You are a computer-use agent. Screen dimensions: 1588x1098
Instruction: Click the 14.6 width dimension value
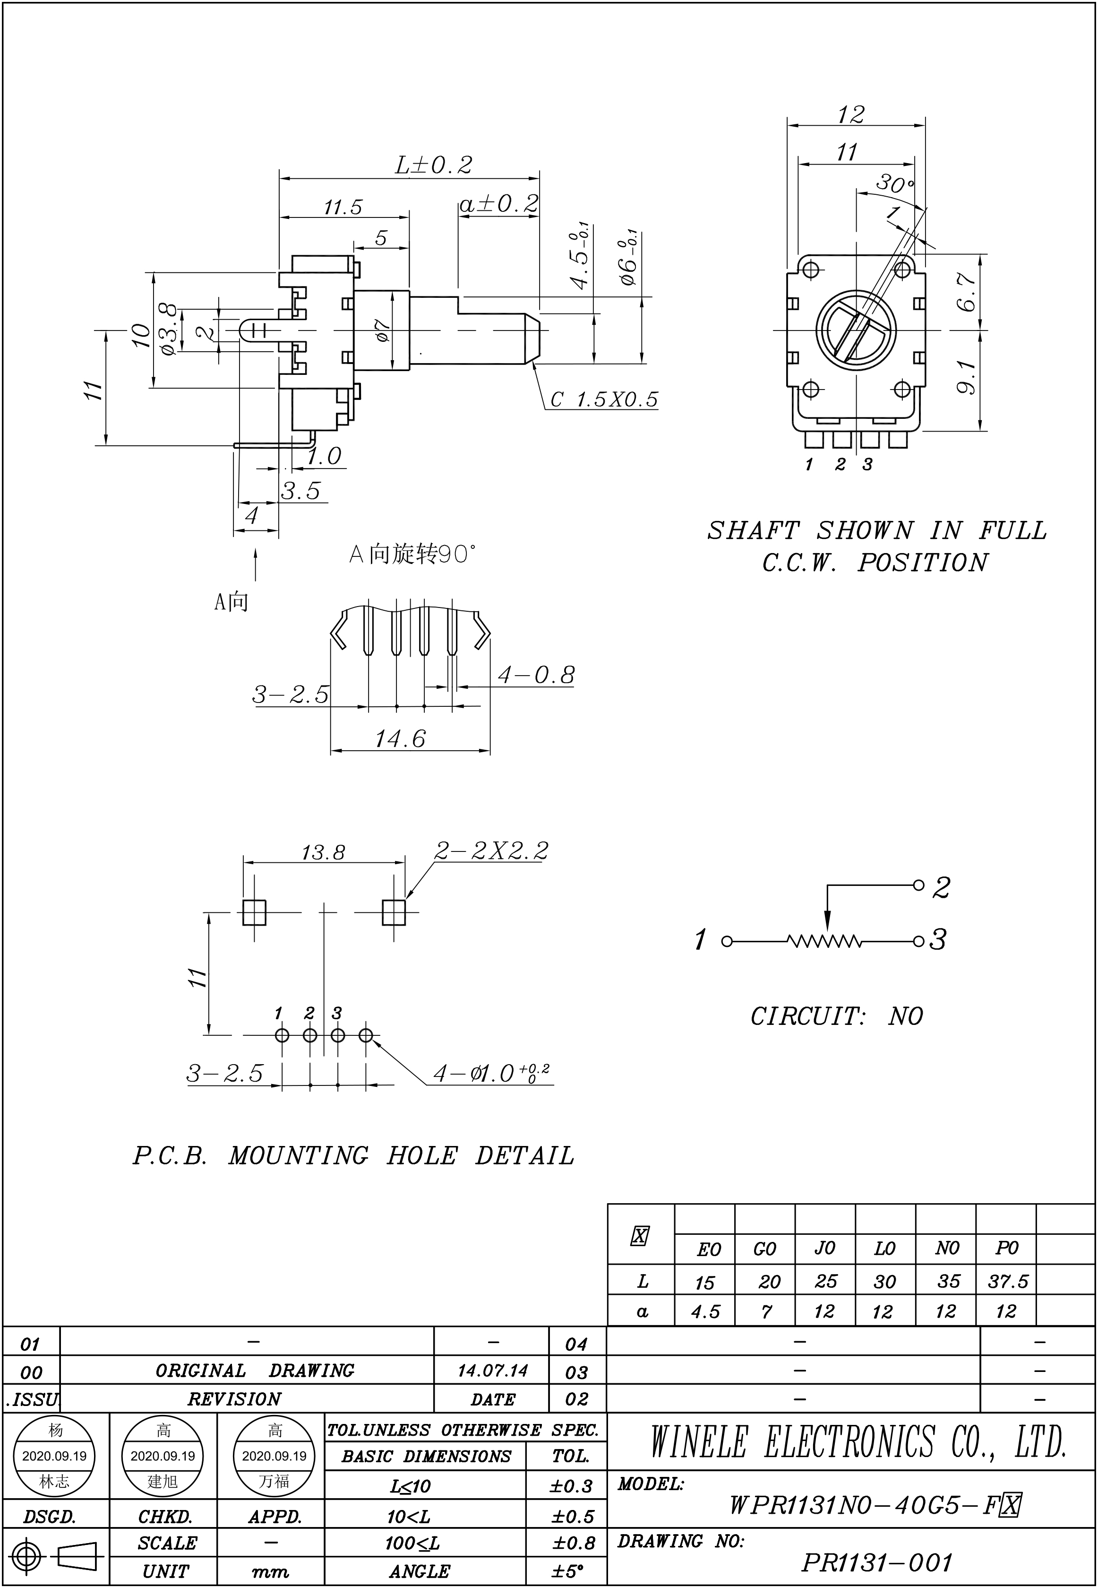click(x=400, y=738)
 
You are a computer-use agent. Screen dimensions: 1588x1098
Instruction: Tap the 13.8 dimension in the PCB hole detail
click(x=323, y=853)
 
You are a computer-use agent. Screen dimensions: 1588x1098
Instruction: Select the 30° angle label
click(x=894, y=184)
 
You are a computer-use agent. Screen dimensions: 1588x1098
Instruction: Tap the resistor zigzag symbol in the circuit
click(x=824, y=941)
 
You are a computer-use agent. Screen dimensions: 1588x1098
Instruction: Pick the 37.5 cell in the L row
click(x=1007, y=1281)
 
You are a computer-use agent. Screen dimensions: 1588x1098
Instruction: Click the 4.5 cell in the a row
click(x=705, y=1311)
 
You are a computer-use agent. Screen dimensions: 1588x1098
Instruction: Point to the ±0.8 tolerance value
click(x=573, y=1543)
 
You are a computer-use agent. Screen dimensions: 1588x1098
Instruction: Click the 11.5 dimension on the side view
click(x=343, y=207)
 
